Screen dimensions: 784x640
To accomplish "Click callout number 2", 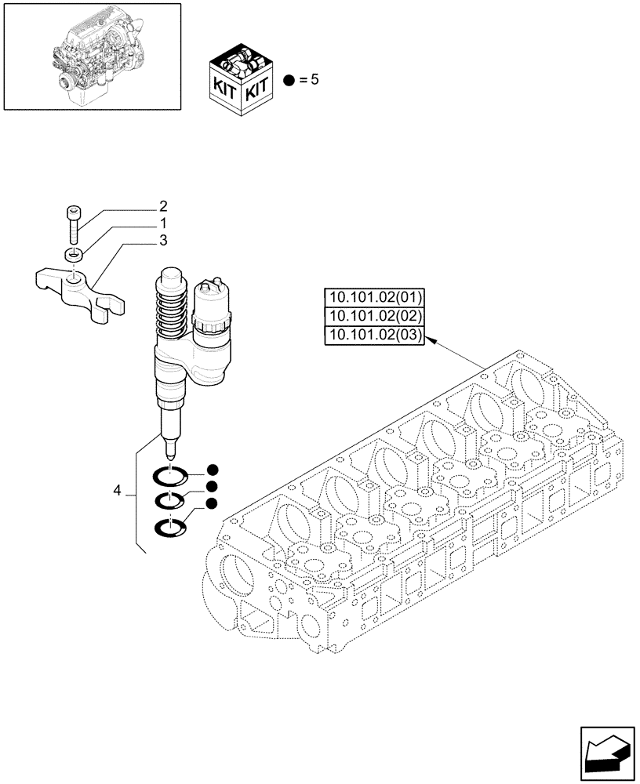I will click(x=163, y=207).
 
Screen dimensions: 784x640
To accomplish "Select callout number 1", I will click(x=163, y=223).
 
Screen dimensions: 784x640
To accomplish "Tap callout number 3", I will click(x=163, y=241).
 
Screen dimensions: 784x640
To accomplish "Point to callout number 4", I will click(x=117, y=491).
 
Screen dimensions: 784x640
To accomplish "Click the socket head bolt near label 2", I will click(x=72, y=223).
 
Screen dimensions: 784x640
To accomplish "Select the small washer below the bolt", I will click(x=73, y=254).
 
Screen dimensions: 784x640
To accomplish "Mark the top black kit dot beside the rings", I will click(x=212, y=470).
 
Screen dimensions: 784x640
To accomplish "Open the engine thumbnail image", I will click(x=93, y=56).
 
